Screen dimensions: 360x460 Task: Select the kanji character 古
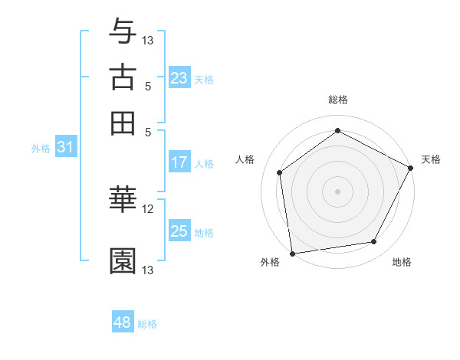[x=123, y=77]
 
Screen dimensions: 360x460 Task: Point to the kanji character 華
[x=123, y=199]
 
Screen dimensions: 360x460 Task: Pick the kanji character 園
[x=123, y=261]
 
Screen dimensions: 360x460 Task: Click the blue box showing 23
[x=179, y=78]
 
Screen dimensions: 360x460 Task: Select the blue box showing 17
[x=179, y=162]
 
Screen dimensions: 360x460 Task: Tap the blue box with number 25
[x=179, y=231]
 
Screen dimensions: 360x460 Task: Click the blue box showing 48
[x=123, y=322]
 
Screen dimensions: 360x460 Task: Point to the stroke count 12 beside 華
[x=148, y=208]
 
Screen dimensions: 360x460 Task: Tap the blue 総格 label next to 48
[x=147, y=324]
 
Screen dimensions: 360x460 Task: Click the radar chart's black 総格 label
[x=337, y=100]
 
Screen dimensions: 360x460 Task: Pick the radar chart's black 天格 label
[x=431, y=159]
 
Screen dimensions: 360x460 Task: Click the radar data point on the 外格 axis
[x=292, y=253]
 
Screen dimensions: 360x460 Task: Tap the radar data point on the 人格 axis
[x=280, y=172]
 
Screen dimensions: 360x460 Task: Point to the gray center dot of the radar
[x=337, y=191]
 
